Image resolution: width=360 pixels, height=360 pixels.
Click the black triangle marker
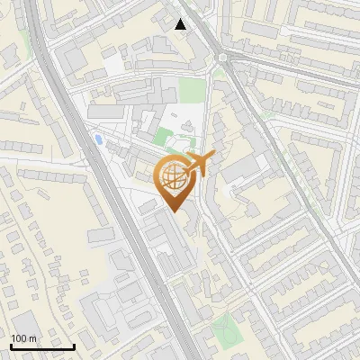pos(181,24)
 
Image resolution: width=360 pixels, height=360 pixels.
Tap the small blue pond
pos(96,139)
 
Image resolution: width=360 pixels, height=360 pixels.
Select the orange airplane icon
pos(200,165)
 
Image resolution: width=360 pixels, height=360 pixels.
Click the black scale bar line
pos(42,346)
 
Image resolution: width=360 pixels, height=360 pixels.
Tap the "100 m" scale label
pos(23,338)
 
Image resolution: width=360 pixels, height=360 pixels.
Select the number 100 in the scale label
pos(20,338)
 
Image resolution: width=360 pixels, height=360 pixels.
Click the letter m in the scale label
pos(32,338)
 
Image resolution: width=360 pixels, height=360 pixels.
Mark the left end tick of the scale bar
pos(11,345)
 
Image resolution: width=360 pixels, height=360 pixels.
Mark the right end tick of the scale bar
pos(74,345)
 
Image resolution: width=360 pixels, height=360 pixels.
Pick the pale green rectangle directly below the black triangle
pos(191,90)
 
